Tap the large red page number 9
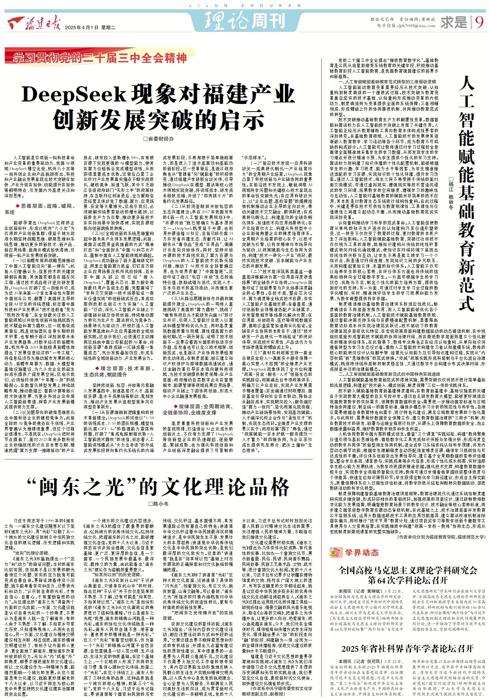click(x=479, y=22)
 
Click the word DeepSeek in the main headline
click(x=74, y=94)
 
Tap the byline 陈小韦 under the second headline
click(x=158, y=504)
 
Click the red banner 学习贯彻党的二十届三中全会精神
click(x=99, y=58)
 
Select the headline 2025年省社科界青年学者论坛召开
click(x=407, y=649)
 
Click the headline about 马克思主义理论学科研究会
click(x=407, y=575)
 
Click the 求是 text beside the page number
click(x=454, y=23)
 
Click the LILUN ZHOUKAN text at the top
click(x=245, y=5)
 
